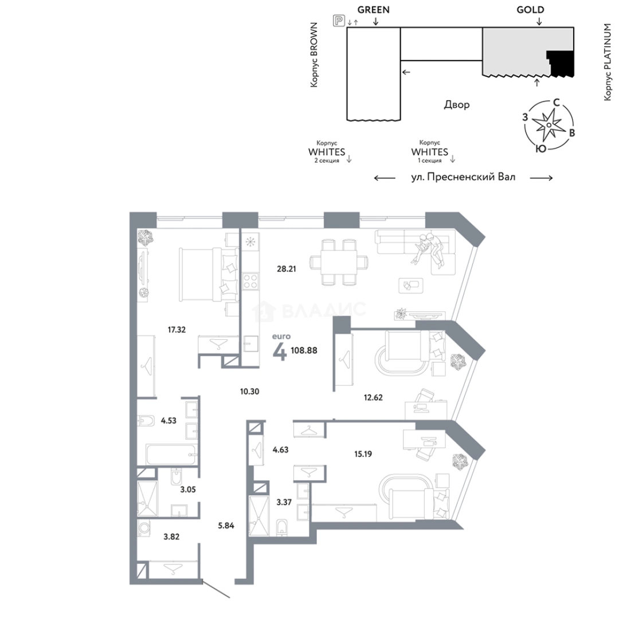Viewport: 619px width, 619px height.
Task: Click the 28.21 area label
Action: [286, 269]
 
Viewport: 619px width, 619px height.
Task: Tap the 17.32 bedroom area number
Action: [177, 330]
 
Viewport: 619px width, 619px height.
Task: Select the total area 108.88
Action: [304, 350]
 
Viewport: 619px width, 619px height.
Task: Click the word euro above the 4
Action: [281, 336]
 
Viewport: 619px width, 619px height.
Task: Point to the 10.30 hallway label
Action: [249, 391]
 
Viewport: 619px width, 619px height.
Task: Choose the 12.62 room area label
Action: [373, 398]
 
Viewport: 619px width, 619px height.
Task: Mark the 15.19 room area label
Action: [363, 454]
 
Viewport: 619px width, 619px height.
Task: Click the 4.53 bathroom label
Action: [169, 421]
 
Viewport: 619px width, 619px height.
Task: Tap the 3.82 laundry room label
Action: [171, 537]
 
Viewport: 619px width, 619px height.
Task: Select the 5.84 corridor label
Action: [226, 526]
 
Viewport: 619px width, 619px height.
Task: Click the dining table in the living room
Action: [339, 262]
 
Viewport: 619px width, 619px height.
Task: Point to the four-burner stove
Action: [250, 281]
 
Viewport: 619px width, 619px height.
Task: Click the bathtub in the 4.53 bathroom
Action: [171, 455]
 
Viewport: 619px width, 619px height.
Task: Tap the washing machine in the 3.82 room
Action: [144, 528]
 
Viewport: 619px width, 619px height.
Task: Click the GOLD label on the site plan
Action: [530, 10]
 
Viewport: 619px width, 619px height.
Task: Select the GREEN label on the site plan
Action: [374, 10]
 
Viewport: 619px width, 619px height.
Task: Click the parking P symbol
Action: [339, 21]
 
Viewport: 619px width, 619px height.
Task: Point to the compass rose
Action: [549, 125]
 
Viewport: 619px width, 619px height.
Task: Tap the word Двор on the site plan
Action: [457, 105]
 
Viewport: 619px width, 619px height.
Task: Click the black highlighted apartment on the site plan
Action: [561, 63]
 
